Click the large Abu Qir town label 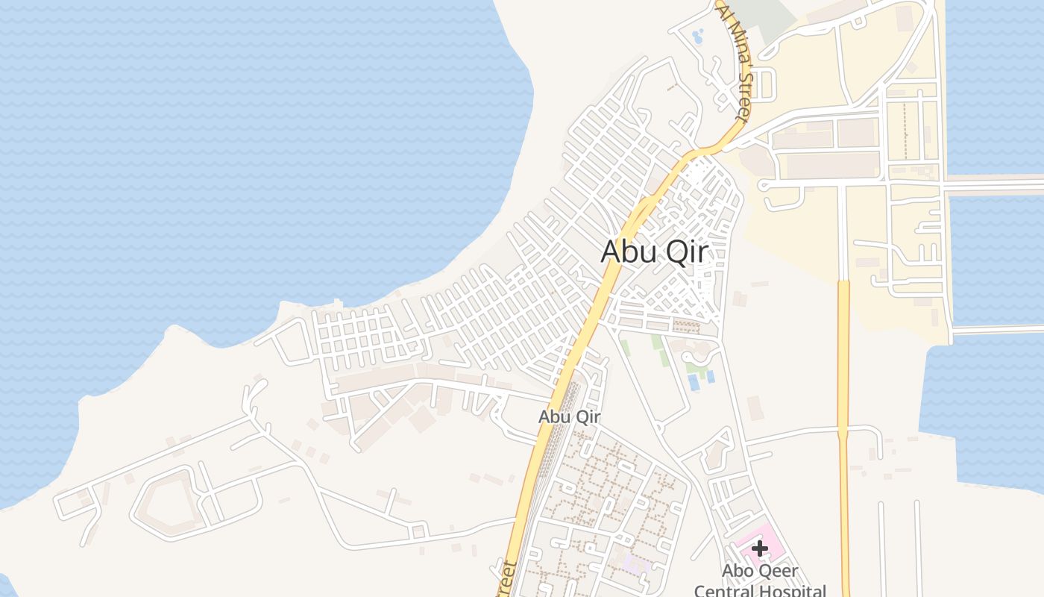pos(654,251)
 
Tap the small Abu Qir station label pos(569,416)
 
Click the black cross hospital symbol pos(760,548)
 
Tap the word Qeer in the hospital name pos(780,572)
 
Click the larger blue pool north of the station pos(694,382)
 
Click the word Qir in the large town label pos(687,252)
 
